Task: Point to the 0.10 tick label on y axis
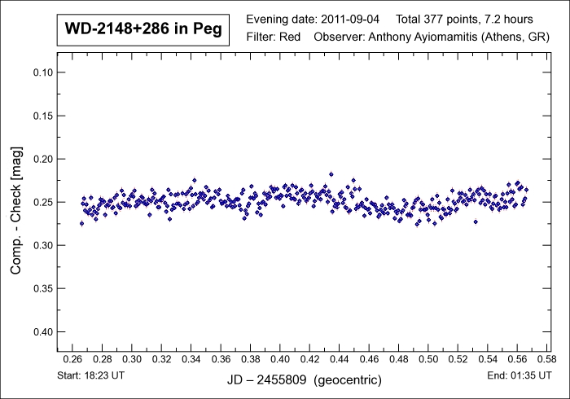click(x=41, y=72)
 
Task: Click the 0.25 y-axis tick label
click(x=41, y=202)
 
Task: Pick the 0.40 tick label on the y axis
click(x=41, y=331)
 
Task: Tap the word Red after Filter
click(x=289, y=37)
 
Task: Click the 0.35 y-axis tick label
click(x=41, y=288)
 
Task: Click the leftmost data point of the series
click(x=81, y=223)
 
